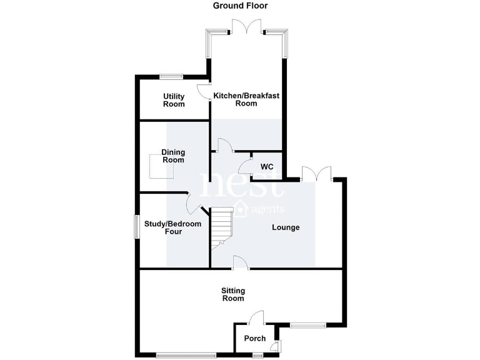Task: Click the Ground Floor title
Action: click(x=240, y=6)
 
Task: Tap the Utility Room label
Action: click(x=174, y=100)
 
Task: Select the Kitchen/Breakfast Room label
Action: click(x=246, y=99)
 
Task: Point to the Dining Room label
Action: click(x=173, y=156)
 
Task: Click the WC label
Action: click(x=267, y=167)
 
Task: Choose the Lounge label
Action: click(x=286, y=227)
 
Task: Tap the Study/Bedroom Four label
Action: click(x=173, y=227)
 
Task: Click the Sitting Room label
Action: click(x=233, y=294)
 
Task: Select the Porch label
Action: click(x=255, y=339)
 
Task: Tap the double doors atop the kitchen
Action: click(x=246, y=27)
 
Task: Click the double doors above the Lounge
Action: click(x=317, y=174)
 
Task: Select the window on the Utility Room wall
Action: click(x=171, y=76)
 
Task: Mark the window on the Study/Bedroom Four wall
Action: click(x=137, y=226)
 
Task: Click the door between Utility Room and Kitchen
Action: click(x=204, y=91)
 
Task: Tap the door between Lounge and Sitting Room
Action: click(x=241, y=262)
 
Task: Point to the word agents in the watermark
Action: click(x=267, y=209)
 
